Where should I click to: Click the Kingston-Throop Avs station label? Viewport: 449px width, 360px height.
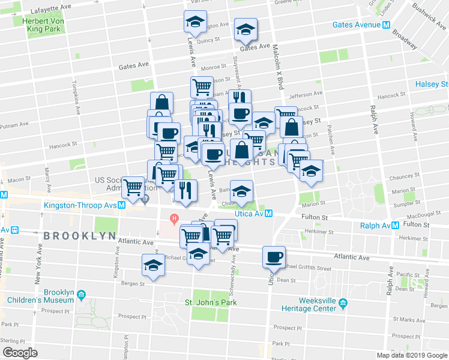pyautogui.click(x=80, y=205)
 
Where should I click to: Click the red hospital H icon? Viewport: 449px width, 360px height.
pyautogui.click(x=175, y=218)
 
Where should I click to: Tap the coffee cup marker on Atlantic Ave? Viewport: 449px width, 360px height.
pyautogui.click(x=274, y=256)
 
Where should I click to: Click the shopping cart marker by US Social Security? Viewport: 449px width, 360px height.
pyautogui.click(x=133, y=187)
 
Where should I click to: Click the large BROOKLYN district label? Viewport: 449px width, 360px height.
pyautogui.click(x=79, y=236)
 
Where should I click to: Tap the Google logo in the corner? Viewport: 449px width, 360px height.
pyautogui.click(x=20, y=352)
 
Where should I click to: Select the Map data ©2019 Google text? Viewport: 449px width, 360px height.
pyautogui.click(x=411, y=355)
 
